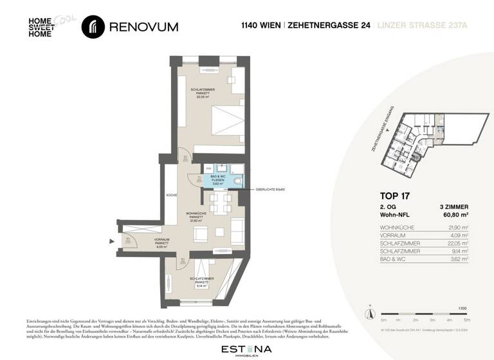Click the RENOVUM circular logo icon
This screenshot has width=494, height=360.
94,26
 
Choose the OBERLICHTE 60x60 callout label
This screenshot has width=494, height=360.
270,190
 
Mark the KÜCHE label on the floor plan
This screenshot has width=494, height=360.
171,195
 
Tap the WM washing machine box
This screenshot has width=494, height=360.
208,168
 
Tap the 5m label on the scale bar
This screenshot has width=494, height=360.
466,319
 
